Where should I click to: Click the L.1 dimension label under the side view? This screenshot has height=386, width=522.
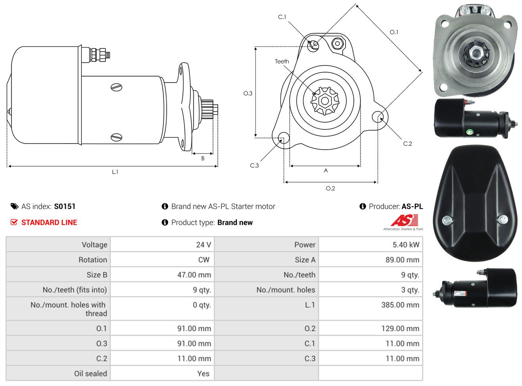[x=115, y=172]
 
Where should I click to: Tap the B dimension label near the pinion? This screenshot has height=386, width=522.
[x=203, y=158]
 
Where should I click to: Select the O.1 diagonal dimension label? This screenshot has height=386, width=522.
[x=394, y=32]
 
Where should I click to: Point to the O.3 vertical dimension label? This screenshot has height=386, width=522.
[x=248, y=94]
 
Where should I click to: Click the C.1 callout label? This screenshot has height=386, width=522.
[x=282, y=17]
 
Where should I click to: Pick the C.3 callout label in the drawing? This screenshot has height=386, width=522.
[x=254, y=166]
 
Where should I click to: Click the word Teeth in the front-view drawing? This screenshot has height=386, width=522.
[x=282, y=61]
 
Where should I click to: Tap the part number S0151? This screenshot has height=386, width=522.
[x=65, y=206]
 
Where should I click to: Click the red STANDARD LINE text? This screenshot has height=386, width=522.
[x=49, y=223]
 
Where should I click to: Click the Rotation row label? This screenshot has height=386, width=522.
[x=93, y=259]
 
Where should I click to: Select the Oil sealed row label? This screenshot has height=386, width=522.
[x=90, y=374]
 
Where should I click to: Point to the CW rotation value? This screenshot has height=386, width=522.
[x=203, y=259]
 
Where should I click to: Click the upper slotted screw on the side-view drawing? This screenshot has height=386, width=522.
[x=117, y=87]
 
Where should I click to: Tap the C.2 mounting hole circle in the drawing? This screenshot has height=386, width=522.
[x=378, y=117]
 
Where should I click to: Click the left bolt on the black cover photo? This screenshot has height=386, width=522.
[x=447, y=221]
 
